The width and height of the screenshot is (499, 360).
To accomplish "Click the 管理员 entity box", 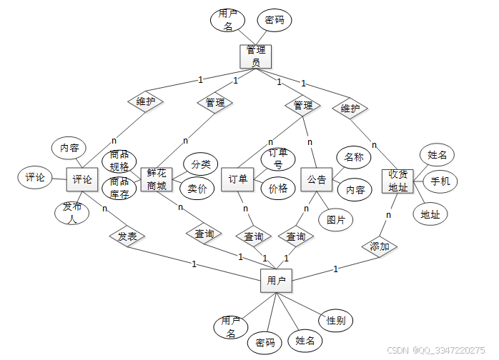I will point(255,56).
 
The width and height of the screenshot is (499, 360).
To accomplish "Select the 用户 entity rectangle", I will point(276,281).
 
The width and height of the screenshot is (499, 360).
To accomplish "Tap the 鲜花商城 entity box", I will point(157,180).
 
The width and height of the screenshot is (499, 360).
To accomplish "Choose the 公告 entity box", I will point(317,179).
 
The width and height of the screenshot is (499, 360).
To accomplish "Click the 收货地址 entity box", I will point(398,181).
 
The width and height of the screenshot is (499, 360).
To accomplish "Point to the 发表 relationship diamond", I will point(127,235).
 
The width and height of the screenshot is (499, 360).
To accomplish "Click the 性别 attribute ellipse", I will point(335,321).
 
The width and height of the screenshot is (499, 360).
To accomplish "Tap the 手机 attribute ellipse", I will point(440,181).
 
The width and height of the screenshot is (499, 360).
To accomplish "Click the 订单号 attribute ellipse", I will point(277,158).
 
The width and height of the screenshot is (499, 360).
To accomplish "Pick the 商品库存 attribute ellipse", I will point(119,187).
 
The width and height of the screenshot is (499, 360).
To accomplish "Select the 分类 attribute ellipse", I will point(200,164).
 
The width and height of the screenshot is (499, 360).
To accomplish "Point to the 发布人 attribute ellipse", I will point(71,212).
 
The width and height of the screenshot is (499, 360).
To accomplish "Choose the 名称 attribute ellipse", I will point(354,157).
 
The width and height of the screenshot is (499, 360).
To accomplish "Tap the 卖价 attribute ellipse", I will point(197,189).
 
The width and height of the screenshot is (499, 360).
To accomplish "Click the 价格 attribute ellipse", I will point(277,189).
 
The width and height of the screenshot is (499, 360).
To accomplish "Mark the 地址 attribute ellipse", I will point(430,214).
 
